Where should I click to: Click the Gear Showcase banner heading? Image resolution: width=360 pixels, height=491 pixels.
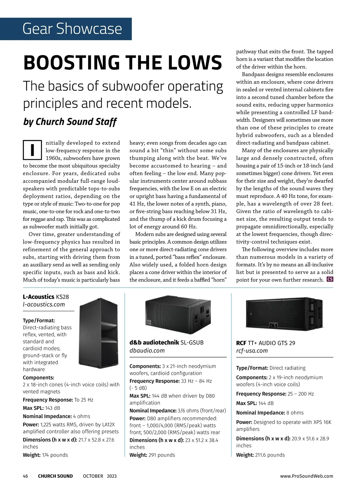click(72, 29)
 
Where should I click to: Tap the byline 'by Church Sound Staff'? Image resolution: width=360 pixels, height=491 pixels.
click(70, 122)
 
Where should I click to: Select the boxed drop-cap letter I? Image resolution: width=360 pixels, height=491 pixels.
click(32, 150)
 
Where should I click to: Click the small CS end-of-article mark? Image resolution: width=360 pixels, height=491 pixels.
click(330, 279)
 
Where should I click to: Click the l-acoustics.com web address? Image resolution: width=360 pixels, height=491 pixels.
click(44, 305)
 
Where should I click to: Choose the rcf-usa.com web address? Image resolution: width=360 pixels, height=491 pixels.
click(252, 351)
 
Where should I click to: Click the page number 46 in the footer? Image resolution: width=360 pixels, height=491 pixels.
click(25, 476)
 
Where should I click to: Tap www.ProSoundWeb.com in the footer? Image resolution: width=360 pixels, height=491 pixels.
click(306, 476)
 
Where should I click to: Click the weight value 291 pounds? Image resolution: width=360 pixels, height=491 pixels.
click(162, 455)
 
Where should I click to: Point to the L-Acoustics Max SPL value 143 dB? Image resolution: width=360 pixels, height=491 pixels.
click(52, 408)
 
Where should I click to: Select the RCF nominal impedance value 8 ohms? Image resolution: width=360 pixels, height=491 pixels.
click(295, 413)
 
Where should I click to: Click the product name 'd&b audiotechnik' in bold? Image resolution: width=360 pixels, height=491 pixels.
click(154, 342)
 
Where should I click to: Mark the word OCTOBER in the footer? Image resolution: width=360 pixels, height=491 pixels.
click(93, 476)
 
